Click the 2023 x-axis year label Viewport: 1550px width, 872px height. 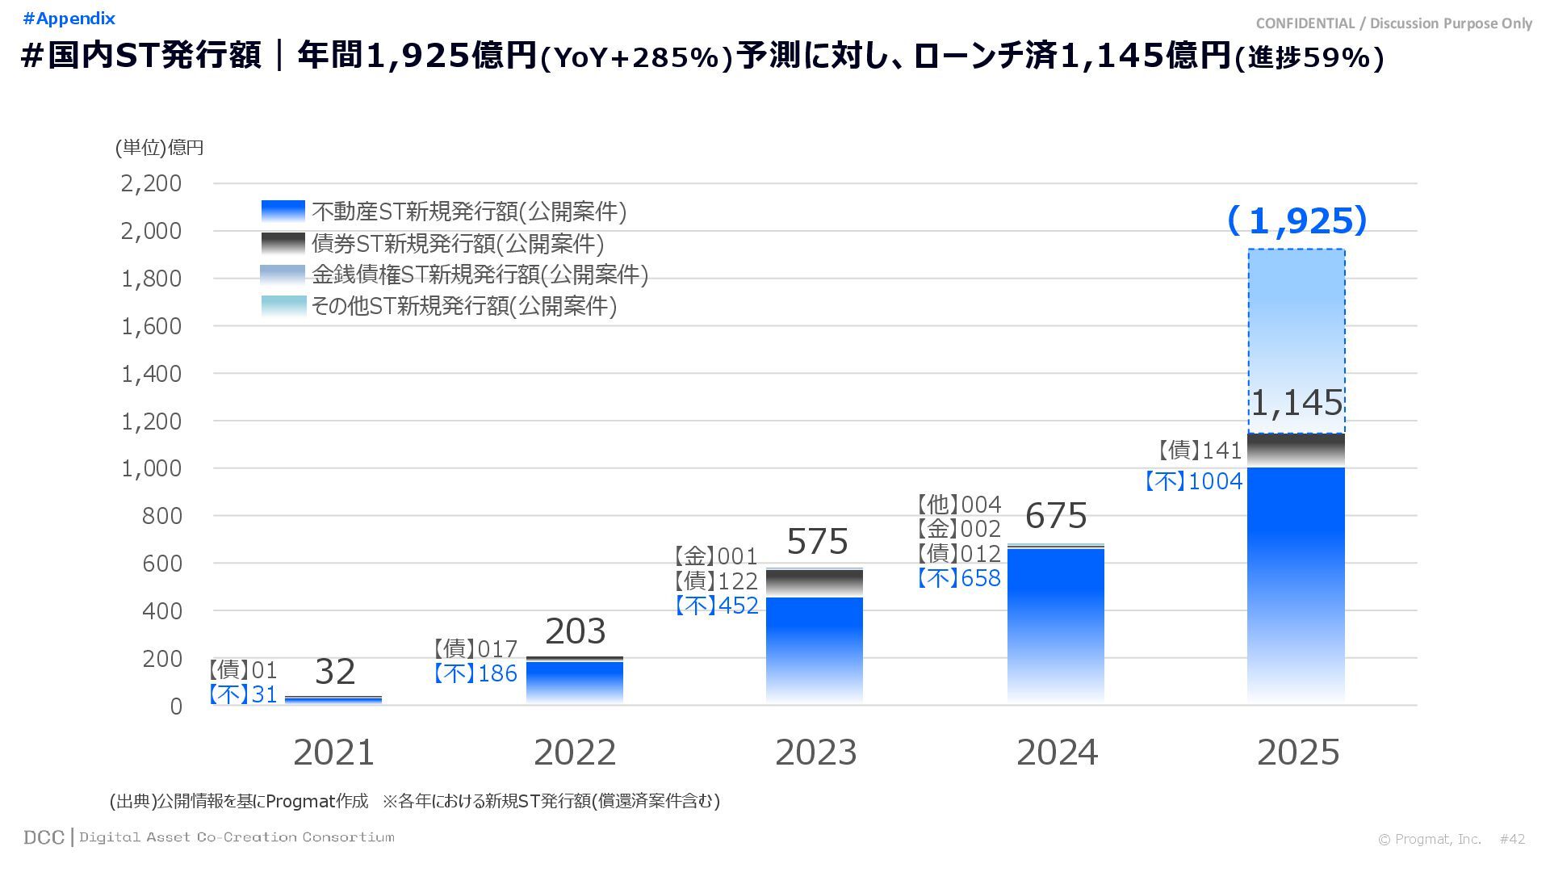pos(815,753)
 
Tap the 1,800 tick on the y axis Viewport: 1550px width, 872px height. pos(151,279)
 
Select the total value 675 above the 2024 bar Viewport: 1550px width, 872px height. pos(1056,515)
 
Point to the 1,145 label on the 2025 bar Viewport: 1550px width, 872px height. pos(1297,403)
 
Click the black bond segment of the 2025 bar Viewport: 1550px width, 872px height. pos(1296,451)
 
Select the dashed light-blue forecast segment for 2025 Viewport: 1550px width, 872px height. pos(1296,323)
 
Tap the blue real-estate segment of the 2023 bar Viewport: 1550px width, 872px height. pos(814,646)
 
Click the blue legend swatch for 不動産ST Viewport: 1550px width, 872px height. pos(283,212)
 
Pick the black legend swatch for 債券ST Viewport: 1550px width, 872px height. pos(283,243)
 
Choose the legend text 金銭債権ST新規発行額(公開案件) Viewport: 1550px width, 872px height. pos(480,275)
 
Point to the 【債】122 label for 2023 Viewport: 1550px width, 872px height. pos(716,581)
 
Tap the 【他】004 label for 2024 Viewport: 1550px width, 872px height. pos(958,505)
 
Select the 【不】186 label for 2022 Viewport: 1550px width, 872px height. pos(475,673)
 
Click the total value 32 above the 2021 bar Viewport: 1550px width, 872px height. pos(334,672)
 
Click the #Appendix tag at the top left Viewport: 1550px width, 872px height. pos(69,19)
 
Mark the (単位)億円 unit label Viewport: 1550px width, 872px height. pos(159,148)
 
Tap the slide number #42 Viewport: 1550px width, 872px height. pos(1512,839)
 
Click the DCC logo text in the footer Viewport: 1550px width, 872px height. pos(44,837)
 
